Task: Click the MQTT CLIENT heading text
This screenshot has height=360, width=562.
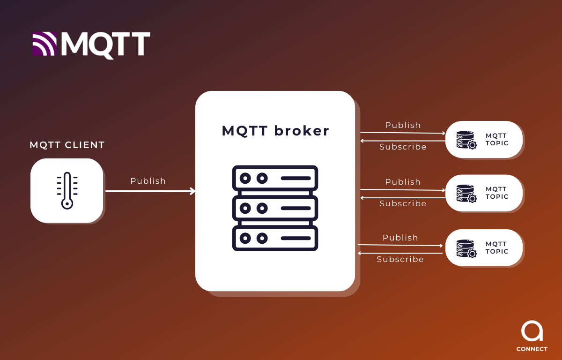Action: (67, 145)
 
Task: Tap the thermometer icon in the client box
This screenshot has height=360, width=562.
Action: (67, 190)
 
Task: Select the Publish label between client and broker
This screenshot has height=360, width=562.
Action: (148, 181)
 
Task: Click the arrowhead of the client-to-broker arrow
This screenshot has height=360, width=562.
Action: (192, 191)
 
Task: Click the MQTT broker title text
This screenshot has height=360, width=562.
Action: (275, 131)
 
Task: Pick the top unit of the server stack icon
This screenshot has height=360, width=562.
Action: (275, 178)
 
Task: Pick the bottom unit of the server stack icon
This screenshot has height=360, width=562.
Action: (275, 239)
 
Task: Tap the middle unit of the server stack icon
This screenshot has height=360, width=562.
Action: (275, 208)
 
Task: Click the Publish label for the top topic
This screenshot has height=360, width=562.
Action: (403, 125)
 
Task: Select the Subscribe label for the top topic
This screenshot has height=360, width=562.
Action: (403, 147)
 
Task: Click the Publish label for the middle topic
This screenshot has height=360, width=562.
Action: (403, 182)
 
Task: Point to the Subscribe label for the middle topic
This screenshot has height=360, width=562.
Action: (403, 203)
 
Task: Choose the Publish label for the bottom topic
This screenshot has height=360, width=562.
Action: (400, 238)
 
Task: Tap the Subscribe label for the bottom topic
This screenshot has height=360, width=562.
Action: (400, 259)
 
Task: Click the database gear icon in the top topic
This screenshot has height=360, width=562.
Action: (466, 140)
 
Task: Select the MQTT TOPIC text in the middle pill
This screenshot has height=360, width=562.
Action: (497, 193)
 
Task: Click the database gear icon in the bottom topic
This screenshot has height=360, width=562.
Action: (466, 248)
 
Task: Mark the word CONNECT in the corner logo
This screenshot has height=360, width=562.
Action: (532, 349)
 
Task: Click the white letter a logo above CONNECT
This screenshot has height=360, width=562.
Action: (532, 331)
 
